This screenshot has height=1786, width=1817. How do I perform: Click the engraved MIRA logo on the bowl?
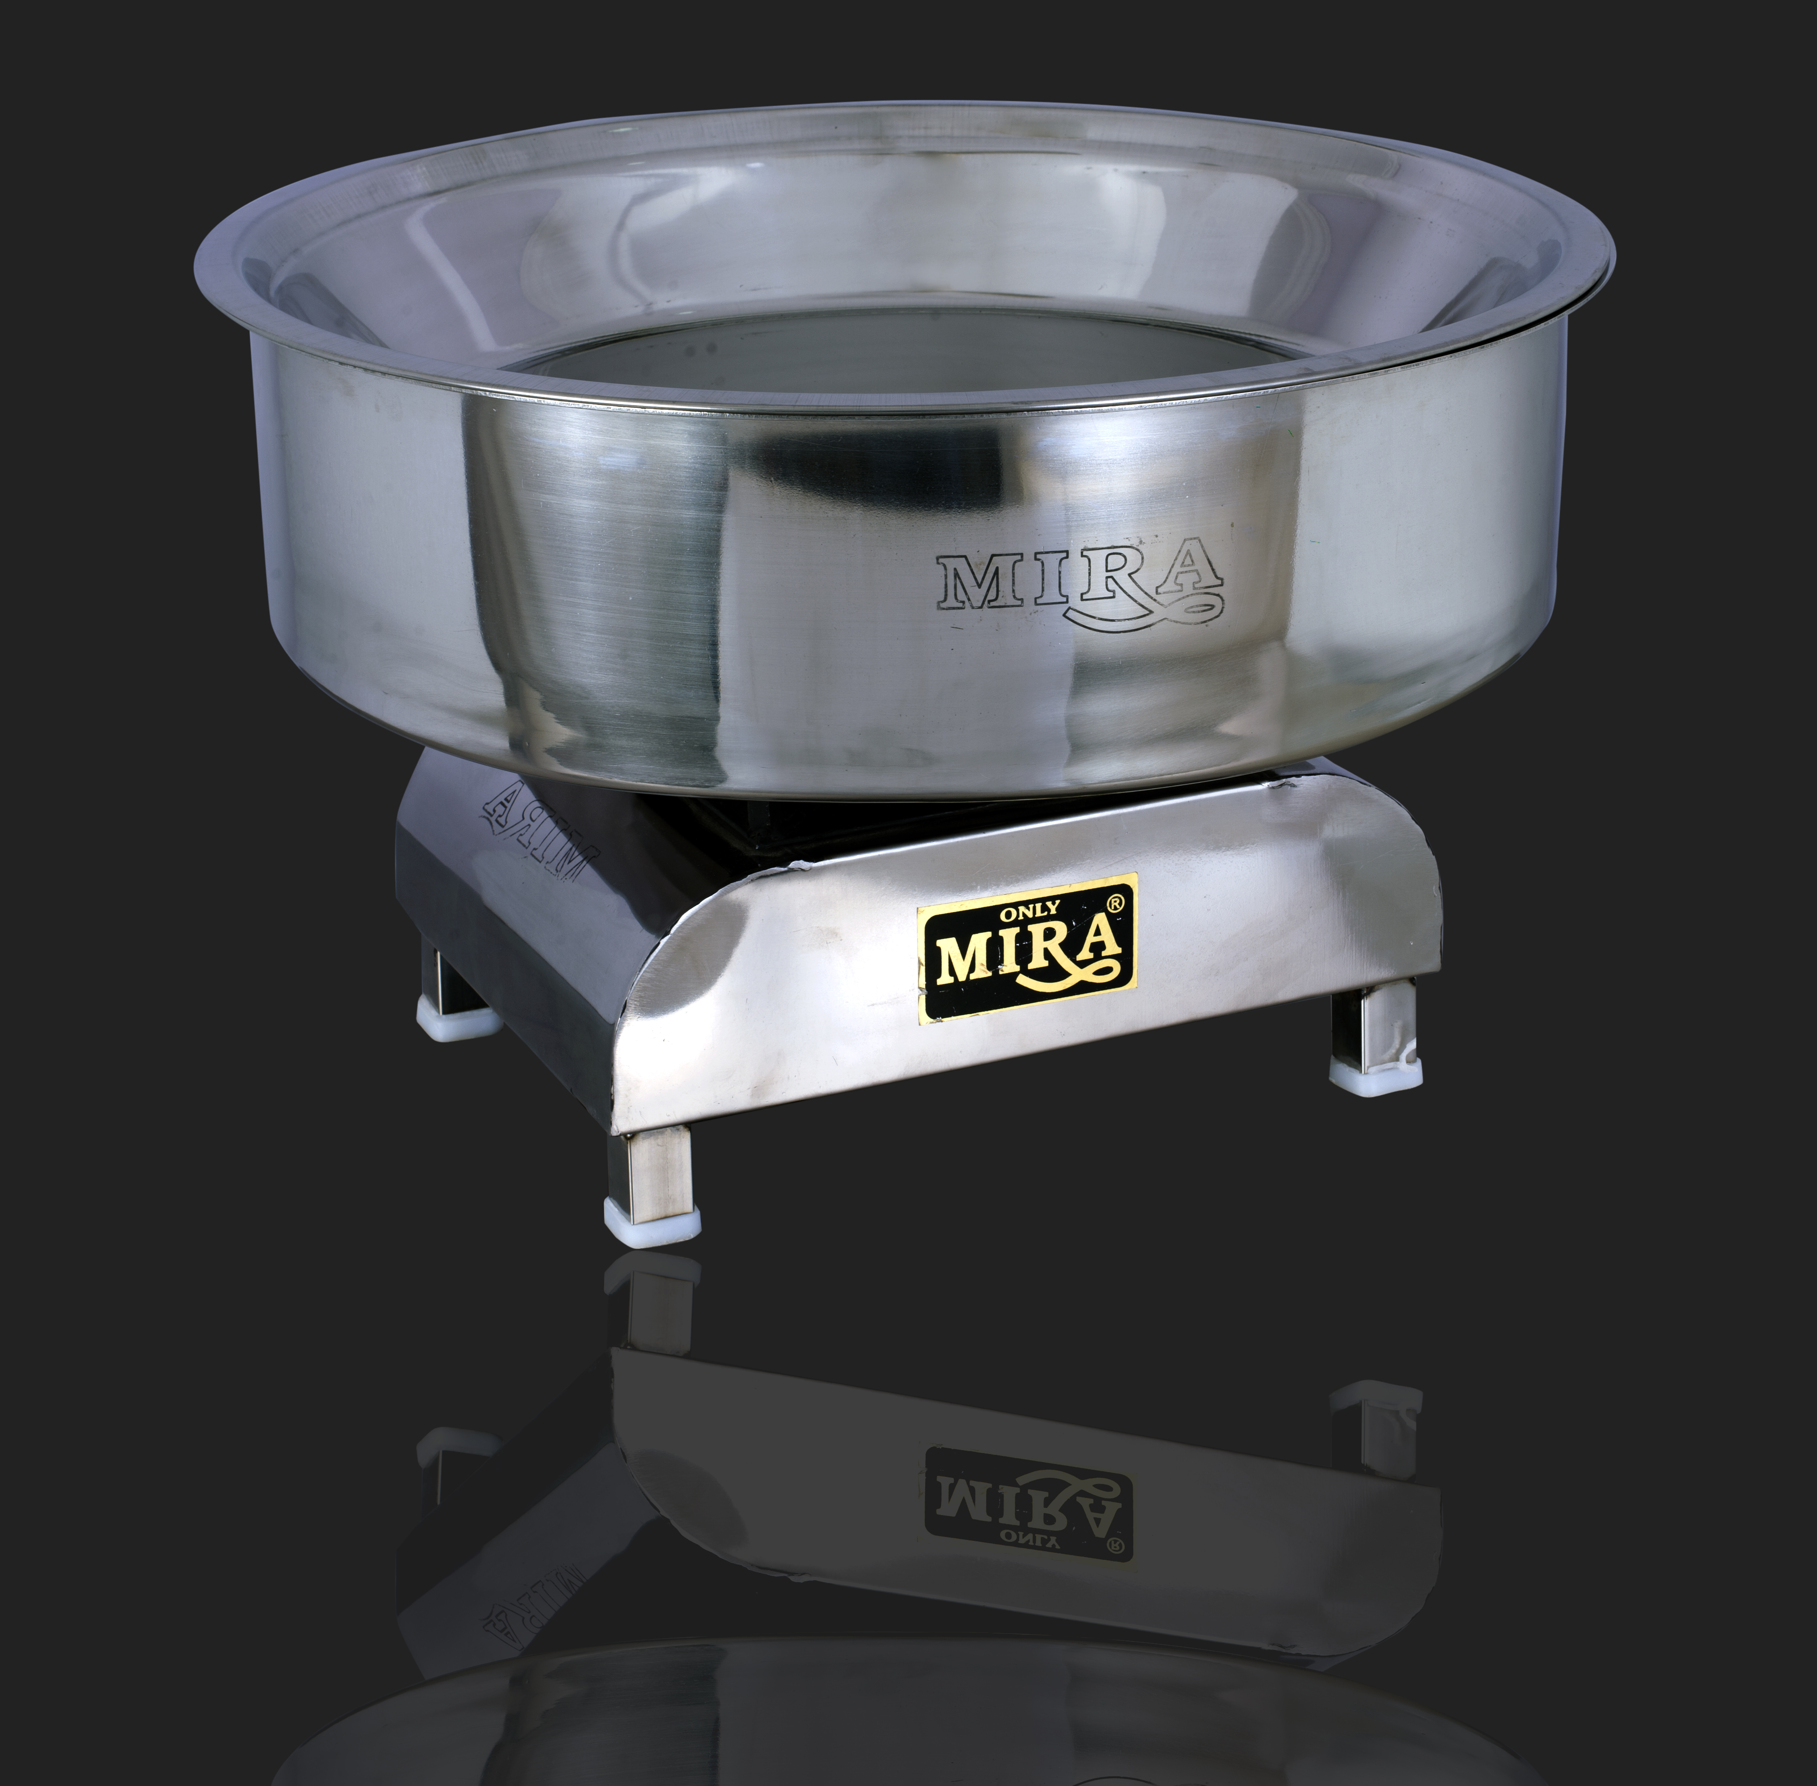coord(1079,583)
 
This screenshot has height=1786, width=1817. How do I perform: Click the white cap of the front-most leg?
coord(653,1221)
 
